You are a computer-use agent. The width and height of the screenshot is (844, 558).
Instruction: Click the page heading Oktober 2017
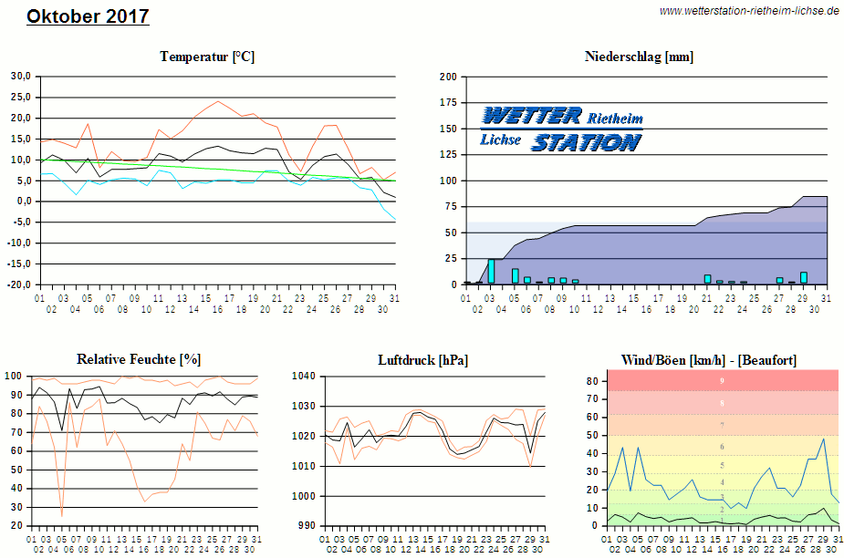pos(88,16)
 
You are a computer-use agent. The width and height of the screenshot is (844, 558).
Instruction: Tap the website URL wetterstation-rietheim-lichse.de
pos(748,11)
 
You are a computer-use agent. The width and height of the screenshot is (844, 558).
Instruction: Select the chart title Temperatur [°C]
pos(207,57)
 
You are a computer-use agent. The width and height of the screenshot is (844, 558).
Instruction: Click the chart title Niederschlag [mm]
pos(639,57)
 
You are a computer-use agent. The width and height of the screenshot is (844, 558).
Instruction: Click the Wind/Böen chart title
pos(709,359)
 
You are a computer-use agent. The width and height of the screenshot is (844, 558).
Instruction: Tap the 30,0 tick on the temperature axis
pos(20,76)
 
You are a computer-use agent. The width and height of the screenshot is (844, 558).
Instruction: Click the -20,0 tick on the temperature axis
pos(19,284)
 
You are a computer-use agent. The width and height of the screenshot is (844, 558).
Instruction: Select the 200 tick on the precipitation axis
pos(448,77)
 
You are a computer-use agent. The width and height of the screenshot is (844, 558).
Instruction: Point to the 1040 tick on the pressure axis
pos(304,376)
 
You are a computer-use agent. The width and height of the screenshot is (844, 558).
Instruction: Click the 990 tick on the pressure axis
pos(307,526)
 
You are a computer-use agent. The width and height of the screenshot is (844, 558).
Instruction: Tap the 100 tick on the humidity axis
pos(15,376)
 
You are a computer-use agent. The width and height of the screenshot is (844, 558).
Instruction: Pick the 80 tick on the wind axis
pos(592,380)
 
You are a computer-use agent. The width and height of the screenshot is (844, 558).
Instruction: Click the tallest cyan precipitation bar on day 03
pos(491,272)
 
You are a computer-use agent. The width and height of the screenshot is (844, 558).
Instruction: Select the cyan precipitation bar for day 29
pos(804,278)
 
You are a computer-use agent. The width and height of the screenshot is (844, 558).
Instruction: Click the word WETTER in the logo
pos(532,116)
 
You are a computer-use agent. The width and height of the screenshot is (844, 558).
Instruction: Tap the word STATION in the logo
pos(585,142)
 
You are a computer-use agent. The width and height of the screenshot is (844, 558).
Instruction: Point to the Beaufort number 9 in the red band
pos(722,380)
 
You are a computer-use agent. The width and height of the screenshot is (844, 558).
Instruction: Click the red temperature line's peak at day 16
pos(218,101)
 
